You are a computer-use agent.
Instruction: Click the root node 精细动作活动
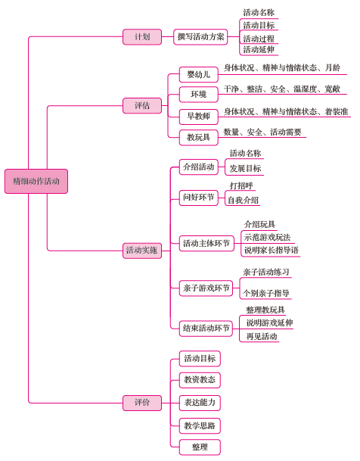[36, 181]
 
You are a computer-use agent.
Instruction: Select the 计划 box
[142, 37]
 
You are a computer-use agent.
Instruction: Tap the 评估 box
[142, 105]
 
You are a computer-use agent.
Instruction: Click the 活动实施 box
[142, 251]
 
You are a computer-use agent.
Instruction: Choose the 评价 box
[142, 403]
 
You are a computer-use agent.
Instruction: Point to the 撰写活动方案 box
[200, 37]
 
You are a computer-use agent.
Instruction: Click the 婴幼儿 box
[199, 75]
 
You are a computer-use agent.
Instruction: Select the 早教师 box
[199, 117]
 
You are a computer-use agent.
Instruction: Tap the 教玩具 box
[199, 137]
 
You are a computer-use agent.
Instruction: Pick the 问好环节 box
[199, 198]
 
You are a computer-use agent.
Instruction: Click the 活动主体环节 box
[206, 244]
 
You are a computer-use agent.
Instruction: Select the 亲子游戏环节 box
[206, 288]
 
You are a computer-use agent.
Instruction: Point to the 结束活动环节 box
[206, 329]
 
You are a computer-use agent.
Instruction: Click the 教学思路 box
[200, 425]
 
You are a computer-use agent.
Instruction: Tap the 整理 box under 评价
[200, 447]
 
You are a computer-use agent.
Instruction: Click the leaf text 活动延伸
[259, 50]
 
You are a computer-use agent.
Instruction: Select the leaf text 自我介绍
[244, 201]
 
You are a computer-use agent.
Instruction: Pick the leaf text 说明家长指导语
[272, 251]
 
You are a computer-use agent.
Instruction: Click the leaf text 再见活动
[262, 336]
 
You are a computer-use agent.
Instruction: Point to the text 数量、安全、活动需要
[262, 132]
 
